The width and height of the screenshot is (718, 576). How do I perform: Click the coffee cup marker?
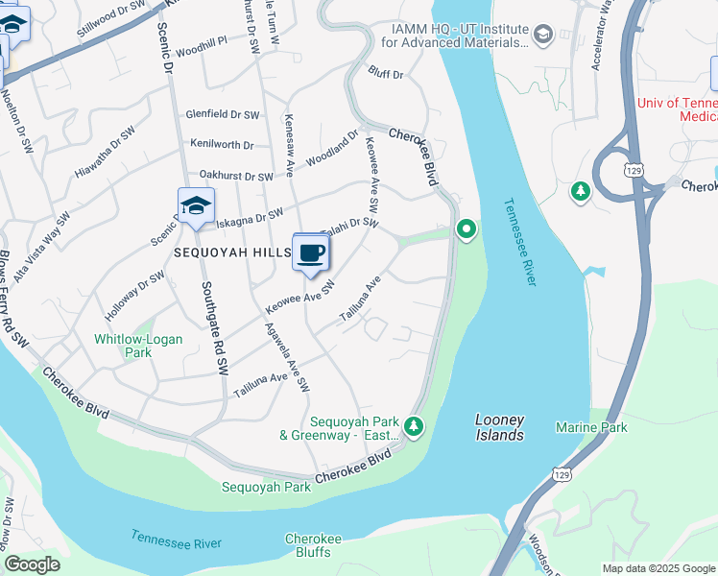coord(310,253)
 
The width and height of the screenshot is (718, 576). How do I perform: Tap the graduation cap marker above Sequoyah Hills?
coord(196,206)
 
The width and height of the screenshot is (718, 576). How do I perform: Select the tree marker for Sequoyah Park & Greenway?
coord(414,425)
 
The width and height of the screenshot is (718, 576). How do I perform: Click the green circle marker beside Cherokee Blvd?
coord(467,229)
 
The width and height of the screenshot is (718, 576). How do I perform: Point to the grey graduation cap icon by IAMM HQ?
coord(543,36)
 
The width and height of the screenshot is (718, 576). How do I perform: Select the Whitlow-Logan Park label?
coord(123,346)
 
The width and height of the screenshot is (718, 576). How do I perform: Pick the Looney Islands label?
coord(500,428)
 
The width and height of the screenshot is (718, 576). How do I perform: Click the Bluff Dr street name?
coord(386,73)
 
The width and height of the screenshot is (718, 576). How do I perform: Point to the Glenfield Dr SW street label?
coord(224,114)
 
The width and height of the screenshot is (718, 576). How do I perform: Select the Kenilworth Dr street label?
coord(222,145)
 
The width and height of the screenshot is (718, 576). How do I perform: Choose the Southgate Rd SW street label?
coord(215,326)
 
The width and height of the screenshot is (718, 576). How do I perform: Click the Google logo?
coord(32,564)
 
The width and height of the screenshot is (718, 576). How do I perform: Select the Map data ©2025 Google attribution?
coord(658,568)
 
